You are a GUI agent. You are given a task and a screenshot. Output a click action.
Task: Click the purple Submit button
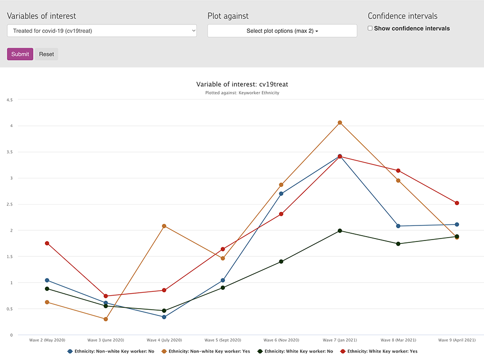(20, 54)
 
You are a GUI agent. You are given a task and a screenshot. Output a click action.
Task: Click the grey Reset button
(46, 54)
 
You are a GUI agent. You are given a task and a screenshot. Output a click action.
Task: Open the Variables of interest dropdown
(102, 30)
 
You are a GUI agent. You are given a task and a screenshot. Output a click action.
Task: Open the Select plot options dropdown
(282, 31)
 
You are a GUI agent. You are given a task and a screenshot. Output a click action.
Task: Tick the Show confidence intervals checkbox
(370, 29)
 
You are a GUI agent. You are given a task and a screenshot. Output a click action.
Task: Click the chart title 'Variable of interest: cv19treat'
(242, 84)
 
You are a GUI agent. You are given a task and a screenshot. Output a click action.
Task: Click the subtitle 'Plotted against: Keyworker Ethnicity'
(242, 93)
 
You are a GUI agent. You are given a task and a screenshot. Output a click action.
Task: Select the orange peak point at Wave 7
(340, 123)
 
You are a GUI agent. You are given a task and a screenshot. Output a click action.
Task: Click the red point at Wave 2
(47, 243)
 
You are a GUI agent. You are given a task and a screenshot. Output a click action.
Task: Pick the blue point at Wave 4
(164, 317)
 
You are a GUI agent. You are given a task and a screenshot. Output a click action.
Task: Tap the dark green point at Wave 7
(340, 231)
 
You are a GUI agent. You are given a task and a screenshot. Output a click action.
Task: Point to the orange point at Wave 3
(106, 319)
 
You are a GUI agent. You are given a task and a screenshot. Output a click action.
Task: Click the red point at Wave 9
(457, 203)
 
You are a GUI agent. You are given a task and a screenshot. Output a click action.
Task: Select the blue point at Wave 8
(398, 226)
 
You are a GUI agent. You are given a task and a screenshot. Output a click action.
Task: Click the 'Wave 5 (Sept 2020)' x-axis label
(223, 340)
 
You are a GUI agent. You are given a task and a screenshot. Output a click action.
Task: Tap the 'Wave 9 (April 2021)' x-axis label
(457, 340)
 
